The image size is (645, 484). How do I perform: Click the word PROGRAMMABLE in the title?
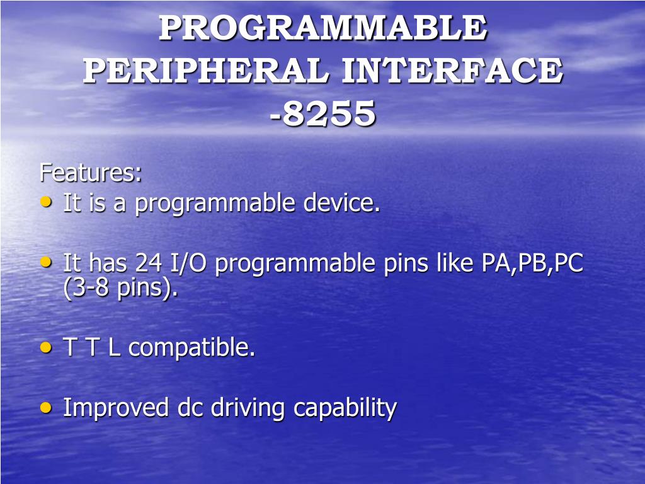click(x=323, y=28)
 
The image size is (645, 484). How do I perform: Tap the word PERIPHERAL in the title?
click(x=206, y=71)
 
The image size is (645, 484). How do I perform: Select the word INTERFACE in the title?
click(x=452, y=71)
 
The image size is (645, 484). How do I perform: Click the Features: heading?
click(x=91, y=173)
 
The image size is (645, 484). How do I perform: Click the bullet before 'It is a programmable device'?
click(x=46, y=202)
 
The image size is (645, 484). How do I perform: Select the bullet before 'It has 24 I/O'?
click(x=46, y=262)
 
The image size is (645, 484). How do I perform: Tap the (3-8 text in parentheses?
click(x=86, y=287)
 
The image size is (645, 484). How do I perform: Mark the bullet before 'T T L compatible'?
click(x=46, y=347)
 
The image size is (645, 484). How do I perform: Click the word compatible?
click(x=191, y=348)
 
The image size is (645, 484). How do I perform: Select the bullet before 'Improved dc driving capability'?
click(x=46, y=408)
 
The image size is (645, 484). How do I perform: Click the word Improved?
click(x=116, y=408)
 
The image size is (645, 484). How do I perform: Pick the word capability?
click(x=345, y=408)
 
